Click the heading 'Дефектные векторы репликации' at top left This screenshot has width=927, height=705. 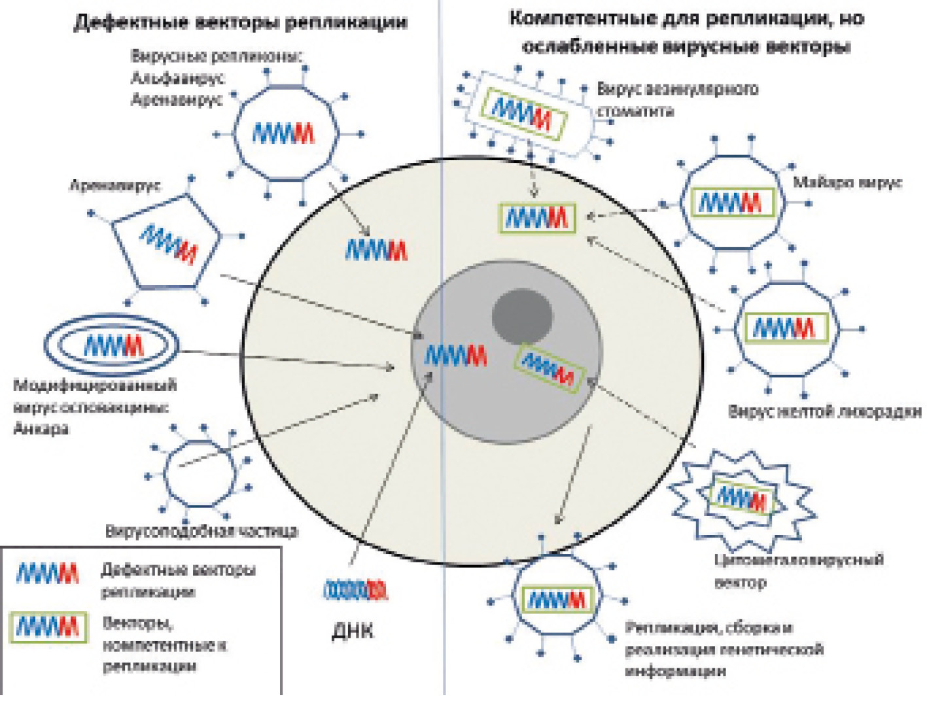[x=240, y=23]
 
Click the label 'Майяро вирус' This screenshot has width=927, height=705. [x=847, y=182]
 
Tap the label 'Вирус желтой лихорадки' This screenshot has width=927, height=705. [x=825, y=411]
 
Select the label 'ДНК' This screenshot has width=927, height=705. [x=353, y=630]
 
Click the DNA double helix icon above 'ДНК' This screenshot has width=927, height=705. [x=355, y=591]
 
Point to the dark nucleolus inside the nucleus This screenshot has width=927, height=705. [x=522, y=317]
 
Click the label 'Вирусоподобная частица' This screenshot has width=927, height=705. [x=201, y=531]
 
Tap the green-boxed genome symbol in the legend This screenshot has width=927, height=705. [x=48, y=627]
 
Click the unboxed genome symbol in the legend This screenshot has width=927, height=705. [x=47, y=574]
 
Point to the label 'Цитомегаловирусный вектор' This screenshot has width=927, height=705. [x=798, y=570]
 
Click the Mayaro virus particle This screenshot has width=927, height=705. [x=731, y=203]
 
